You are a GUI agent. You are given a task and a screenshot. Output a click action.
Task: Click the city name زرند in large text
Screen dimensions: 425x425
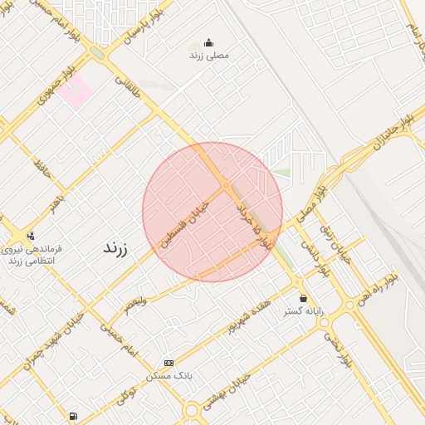[112, 248]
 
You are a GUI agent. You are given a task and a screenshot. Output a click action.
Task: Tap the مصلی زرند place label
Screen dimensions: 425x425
[208, 55]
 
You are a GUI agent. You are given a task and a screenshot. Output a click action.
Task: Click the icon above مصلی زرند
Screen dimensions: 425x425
[208, 42]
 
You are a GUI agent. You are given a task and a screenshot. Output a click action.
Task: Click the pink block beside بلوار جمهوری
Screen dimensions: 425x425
[78, 93]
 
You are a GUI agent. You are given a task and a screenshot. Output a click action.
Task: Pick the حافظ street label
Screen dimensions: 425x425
[41, 170]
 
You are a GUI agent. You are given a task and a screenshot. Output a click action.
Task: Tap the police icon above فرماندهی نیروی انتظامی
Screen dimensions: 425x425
[32, 236]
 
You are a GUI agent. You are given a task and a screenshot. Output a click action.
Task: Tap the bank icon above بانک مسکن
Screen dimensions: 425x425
[169, 364]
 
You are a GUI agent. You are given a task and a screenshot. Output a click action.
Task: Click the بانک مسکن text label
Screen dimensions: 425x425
[169, 376]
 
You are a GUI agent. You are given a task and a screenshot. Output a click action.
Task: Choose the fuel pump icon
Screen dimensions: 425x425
[74, 416]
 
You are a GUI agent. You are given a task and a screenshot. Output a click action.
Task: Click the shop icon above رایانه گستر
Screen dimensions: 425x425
[303, 298]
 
